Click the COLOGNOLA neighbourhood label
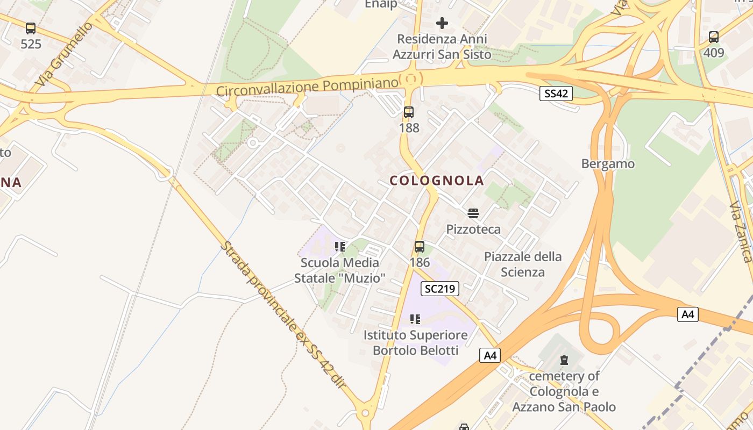(x=437, y=181)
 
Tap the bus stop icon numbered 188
(x=409, y=112)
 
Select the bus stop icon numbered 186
(x=420, y=247)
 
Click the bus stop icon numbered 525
(x=31, y=28)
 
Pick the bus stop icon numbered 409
(x=714, y=37)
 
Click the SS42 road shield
(x=556, y=94)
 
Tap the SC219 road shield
(x=439, y=289)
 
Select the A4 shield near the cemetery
(x=490, y=355)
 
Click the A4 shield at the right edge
(x=687, y=314)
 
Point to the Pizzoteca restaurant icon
(x=473, y=213)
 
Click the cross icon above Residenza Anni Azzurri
(x=442, y=23)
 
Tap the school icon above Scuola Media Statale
(x=339, y=247)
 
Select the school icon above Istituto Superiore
(x=415, y=319)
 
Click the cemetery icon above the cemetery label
(x=564, y=360)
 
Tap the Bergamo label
(x=608, y=164)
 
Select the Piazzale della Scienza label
(x=523, y=264)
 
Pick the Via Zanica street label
(x=741, y=231)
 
